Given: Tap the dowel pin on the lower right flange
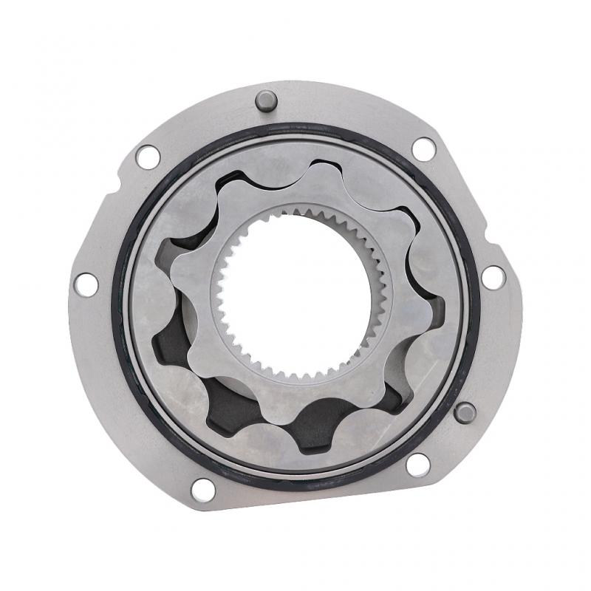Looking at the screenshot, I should pyautogui.click(x=465, y=412).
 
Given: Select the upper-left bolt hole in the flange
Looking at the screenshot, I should pyautogui.click(x=148, y=156).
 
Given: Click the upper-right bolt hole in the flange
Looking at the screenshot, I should pyautogui.click(x=423, y=148).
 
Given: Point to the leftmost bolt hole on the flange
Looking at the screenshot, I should pyautogui.click(x=86, y=284).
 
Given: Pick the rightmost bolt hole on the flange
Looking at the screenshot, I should pyautogui.click(x=493, y=277).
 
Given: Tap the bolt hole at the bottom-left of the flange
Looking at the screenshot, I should pyautogui.click(x=202, y=488).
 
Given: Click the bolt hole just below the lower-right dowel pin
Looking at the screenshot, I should pyautogui.click(x=417, y=465).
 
